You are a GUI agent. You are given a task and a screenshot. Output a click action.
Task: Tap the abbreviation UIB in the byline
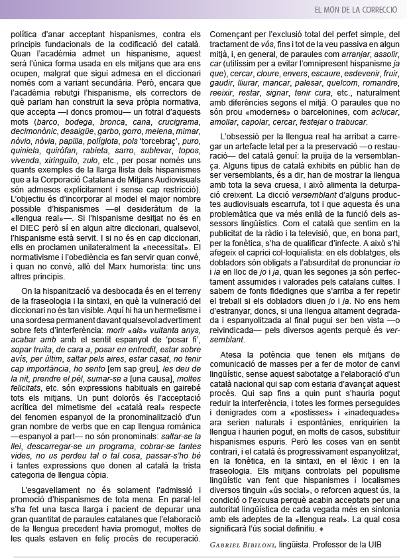[379, 545]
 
